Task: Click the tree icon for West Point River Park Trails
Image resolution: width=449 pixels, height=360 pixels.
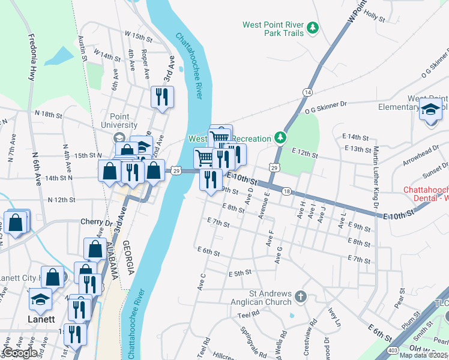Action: coord(312,28)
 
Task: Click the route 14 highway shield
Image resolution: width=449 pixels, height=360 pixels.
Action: coord(307,92)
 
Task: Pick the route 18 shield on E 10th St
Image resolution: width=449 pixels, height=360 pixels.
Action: coord(286,191)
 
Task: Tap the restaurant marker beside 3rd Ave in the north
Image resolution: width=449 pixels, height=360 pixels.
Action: coord(162,97)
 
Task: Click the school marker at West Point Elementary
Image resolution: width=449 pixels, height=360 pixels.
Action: coord(430,109)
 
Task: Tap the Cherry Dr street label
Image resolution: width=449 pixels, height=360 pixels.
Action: coord(96,221)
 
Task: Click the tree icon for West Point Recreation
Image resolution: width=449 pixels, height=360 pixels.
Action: coord(279,139)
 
